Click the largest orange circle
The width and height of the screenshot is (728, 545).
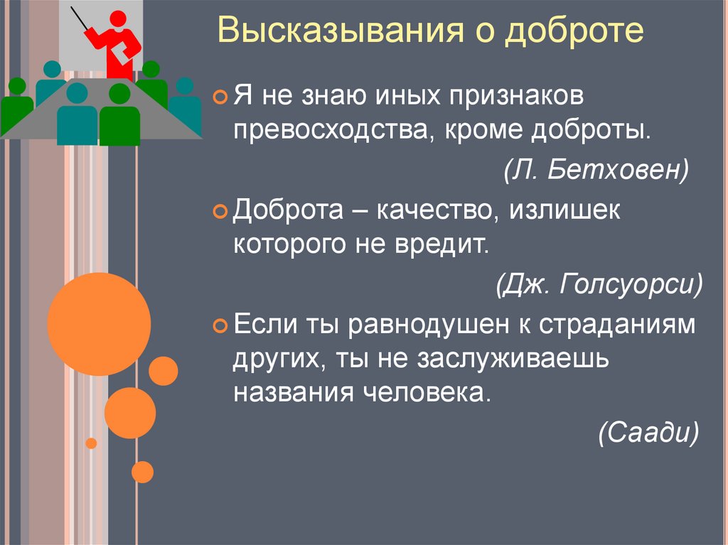[x=99, y=324]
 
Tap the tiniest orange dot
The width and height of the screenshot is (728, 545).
[x=91, y=443]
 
